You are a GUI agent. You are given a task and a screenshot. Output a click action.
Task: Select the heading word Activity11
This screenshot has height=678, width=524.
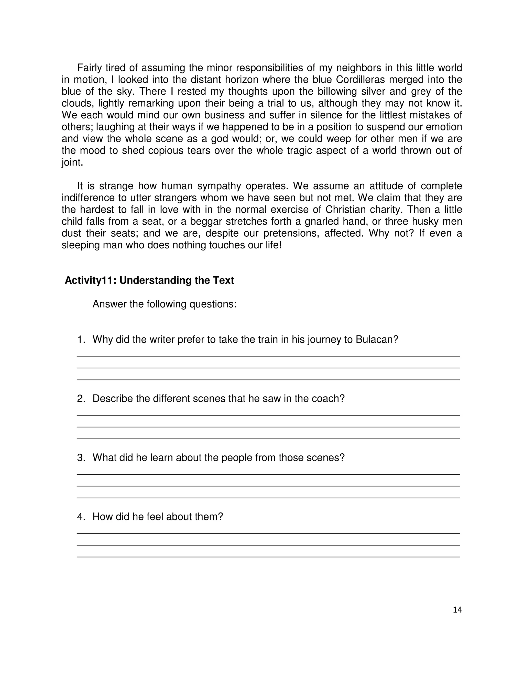click(x=90, y=280)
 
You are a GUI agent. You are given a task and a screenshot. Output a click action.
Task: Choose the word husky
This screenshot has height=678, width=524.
click(x=417, y=221)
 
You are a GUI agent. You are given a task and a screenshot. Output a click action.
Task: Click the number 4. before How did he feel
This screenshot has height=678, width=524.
click(x=81, y=516)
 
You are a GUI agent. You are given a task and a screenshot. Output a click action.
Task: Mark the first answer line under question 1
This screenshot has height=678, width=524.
click(x=268, y=356)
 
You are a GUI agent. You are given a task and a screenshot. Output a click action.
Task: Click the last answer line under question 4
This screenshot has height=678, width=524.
click(x=268, y=557)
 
